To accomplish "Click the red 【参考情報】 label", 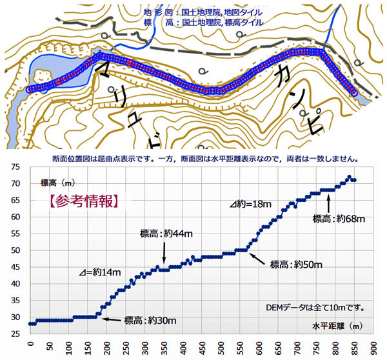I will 84,200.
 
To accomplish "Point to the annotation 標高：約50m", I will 296,264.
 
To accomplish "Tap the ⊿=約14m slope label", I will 100,273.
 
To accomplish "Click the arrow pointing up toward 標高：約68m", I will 330,203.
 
